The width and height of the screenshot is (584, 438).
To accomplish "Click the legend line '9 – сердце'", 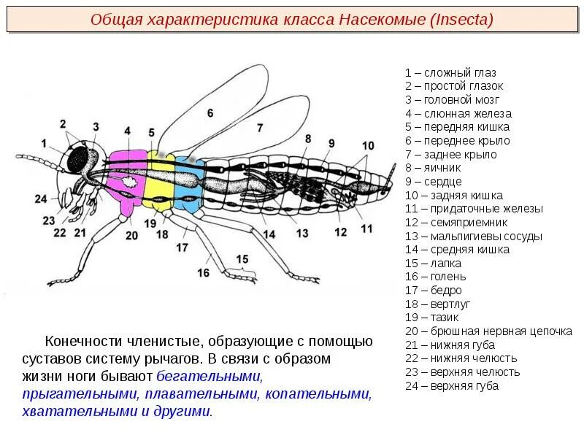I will pos(434,182).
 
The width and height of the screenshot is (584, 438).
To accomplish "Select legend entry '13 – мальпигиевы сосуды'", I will pos(474,237).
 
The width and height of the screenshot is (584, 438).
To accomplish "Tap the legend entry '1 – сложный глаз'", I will pos(450,73).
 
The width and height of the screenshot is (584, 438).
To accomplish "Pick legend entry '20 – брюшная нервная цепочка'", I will pos(488,331).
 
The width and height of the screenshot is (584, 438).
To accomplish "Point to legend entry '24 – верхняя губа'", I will pos(452,386).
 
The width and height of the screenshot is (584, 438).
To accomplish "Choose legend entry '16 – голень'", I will pos(436,277).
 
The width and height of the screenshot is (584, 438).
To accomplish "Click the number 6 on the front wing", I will pos(210,113).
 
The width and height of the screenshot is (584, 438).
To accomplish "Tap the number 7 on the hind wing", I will pos(259,127).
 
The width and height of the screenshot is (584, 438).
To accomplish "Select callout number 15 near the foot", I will pos(242,258).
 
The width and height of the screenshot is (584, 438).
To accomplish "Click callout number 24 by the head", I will pos(40,199).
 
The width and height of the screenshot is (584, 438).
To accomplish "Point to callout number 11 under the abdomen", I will pos(366,228).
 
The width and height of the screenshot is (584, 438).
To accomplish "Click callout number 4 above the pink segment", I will pos(127,131).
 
